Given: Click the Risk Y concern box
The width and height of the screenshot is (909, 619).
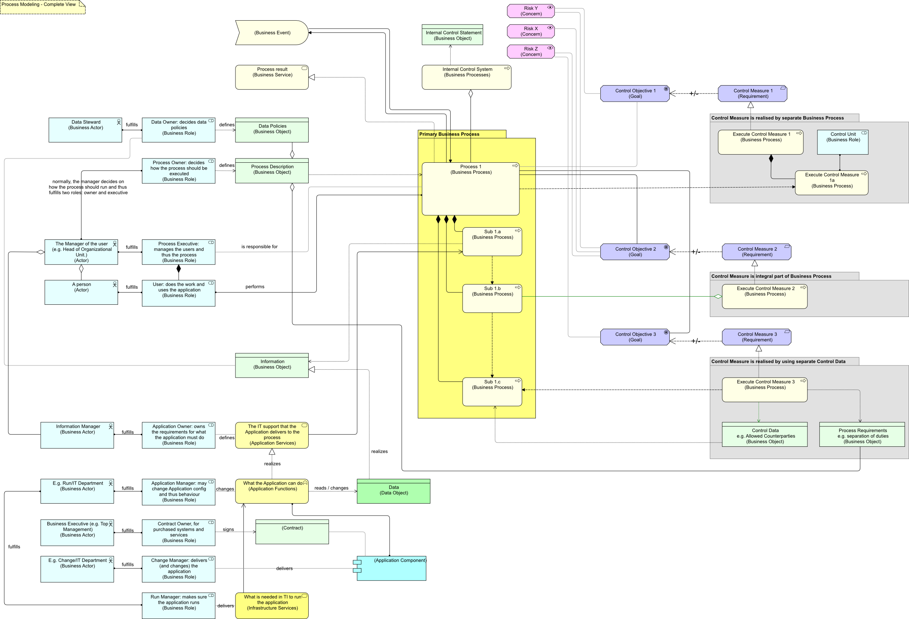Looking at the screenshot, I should pyautogui.click(x=530, y=11).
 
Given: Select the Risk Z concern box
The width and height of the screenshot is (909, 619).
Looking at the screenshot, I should pyautogui.click(x=530, y=52).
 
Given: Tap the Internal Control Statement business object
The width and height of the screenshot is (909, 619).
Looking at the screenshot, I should pyautogui.click(x=452, y=35).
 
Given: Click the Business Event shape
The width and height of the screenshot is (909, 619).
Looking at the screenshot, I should pyautogui.click(x=272, y=33).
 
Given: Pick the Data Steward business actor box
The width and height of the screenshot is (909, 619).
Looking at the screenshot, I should pyautogui.click(x=85, y=130).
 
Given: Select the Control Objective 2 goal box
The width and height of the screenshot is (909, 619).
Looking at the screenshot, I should pyautogui.click(x=635, y=252).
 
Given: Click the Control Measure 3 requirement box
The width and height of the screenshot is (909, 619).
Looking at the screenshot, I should pyautogui.click(x=756, y=337).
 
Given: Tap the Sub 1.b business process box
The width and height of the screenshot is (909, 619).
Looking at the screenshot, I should pyautogui.click(x=492, y=298).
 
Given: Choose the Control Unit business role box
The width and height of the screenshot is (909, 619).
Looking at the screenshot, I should pyautogui.click(x=843, y=142).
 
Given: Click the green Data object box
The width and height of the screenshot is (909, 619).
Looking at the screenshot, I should pyautogui.click(x=393, y=491).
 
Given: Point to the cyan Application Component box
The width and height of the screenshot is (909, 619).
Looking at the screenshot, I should pyautogui.click(x=392, y=568).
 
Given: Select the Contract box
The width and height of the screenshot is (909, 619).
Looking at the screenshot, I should pyautogui.click(x=292, y=532).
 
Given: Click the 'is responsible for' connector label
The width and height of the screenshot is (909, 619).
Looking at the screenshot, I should pyautogui.click(x=259, y=247).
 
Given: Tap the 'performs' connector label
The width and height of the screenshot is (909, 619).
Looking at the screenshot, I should pyautogui.click(x=255, y=287).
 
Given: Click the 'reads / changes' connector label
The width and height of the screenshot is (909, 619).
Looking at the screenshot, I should pyautogui.click(x=331, y=488).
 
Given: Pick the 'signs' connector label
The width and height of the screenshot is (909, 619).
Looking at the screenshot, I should pyautogui.click(x=228, y=529).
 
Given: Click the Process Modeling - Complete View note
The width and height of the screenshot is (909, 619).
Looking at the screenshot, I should pyautogui.click(x=42, y=7).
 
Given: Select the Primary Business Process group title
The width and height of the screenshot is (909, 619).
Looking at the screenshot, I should pyautogui.click(x=450, y=134).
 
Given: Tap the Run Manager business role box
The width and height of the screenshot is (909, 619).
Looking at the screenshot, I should pyautogui.click(x=178, y=605).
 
